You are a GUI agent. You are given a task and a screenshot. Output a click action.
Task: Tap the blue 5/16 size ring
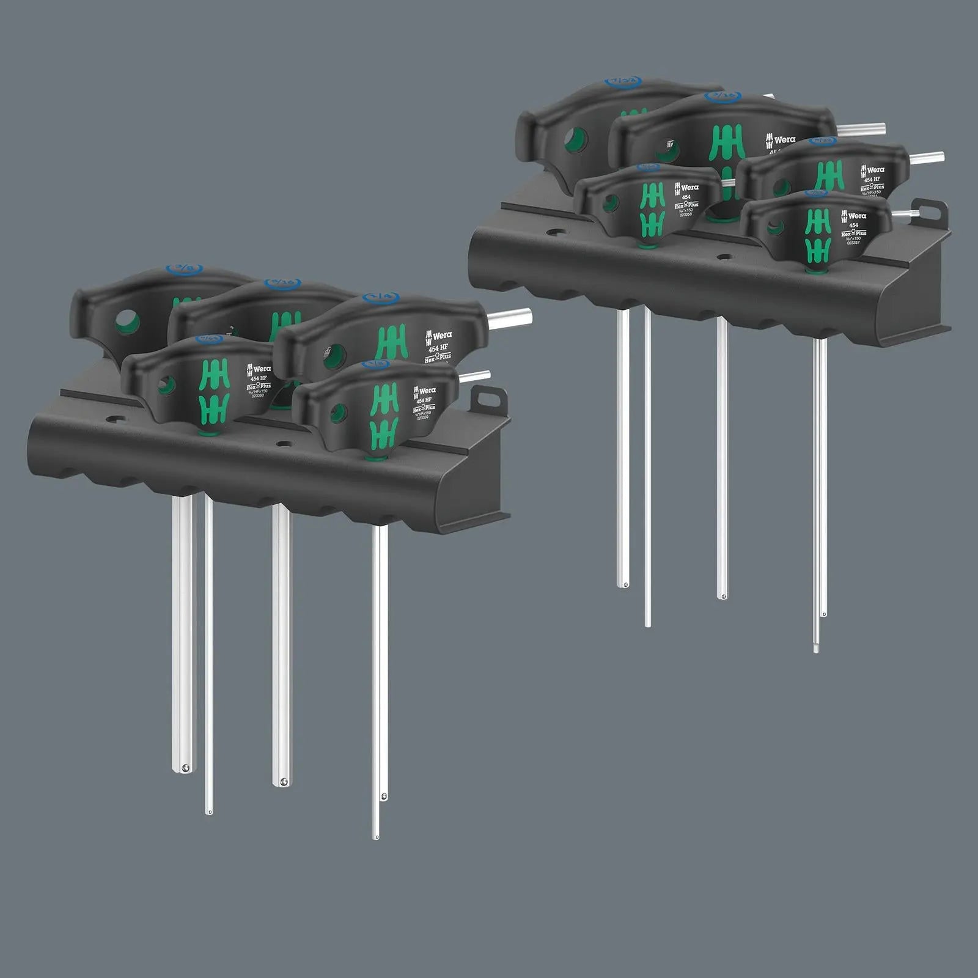tap(283, 283)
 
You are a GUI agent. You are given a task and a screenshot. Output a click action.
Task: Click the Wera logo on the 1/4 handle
tap(439, 336)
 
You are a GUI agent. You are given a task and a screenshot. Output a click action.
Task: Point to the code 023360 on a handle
tap(258, 395)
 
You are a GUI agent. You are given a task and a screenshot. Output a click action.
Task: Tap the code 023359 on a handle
tap(422, 418)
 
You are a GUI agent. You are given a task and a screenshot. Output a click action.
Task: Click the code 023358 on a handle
tap(685, 215)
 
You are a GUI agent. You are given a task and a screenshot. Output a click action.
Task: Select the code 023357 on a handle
tap(853, 243)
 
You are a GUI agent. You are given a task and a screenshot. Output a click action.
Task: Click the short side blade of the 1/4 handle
tap(510, 316)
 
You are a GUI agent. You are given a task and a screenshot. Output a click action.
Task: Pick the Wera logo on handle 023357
tap(854, 216)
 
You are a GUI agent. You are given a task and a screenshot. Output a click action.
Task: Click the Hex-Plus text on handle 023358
tap(685, 205)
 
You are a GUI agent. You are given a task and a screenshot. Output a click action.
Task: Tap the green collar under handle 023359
tap(372, 457)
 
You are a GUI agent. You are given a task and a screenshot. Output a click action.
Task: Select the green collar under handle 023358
tap(643, 246)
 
